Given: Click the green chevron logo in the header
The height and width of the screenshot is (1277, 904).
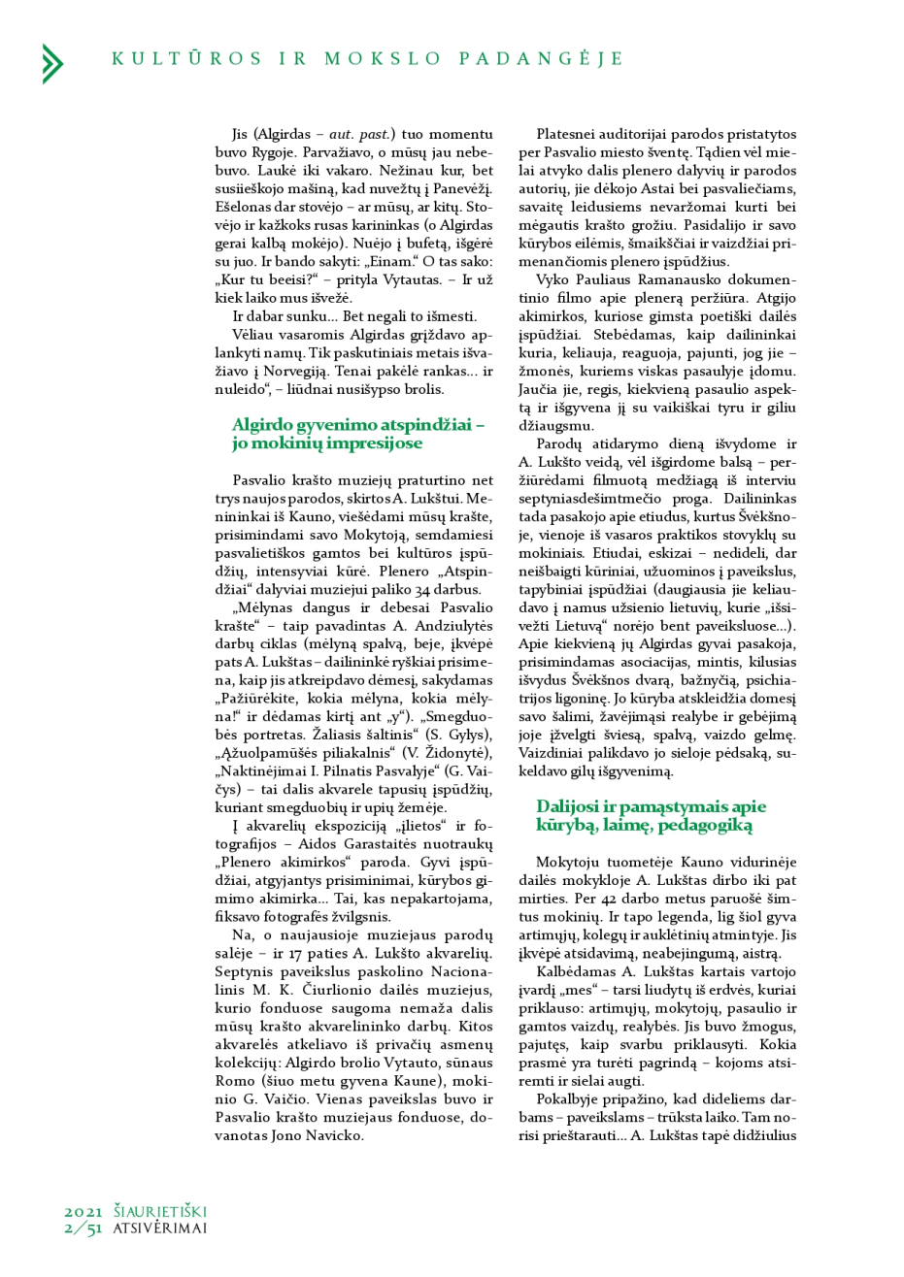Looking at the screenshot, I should coord(52,63).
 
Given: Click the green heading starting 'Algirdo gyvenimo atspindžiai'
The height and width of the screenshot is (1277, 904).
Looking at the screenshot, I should coord(357,434).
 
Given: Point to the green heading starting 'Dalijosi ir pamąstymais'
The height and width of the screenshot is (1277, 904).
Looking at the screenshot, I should coord(651,815).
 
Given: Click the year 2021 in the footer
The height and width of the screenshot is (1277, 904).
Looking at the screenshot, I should coord(84,1211).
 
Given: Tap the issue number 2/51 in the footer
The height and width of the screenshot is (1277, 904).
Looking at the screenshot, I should coord(84,1228).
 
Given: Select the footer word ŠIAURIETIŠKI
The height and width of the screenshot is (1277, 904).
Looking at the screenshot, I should coord(160,1211).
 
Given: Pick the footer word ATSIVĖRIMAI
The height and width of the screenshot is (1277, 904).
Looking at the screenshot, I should coord(160,1228).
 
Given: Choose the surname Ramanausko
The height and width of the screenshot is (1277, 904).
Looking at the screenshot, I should coord(652,279).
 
